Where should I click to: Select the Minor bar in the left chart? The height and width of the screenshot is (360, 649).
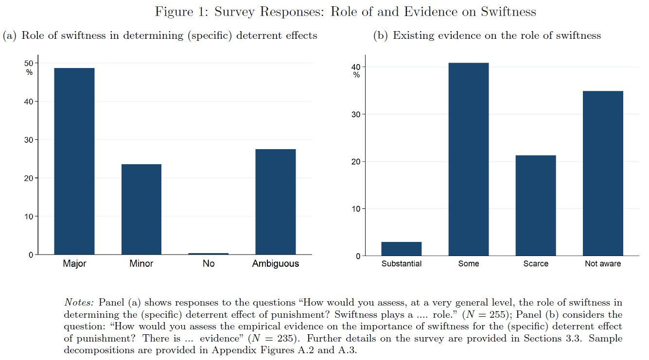point(141,209)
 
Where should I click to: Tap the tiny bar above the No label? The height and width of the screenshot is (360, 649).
point(209,253)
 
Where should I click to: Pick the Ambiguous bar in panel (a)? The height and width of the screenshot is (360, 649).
point(275,202)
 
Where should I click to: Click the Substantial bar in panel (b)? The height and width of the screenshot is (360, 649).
point(401,249)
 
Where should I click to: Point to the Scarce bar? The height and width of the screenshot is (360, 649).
point(535,206)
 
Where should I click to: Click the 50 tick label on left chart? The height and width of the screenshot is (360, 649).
point(29,63)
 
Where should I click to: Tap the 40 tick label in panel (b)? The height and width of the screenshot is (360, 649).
point(356,67)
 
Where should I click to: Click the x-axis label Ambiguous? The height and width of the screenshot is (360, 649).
point(275,264)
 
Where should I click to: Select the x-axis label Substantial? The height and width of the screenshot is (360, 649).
point(401,264)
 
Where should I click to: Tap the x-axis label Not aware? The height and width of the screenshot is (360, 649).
point(603,264)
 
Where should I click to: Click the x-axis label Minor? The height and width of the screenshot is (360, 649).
point(141,264)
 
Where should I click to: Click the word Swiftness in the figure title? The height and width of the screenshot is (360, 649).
point(508,12)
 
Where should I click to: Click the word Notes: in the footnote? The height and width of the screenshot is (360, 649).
point(79,302)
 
